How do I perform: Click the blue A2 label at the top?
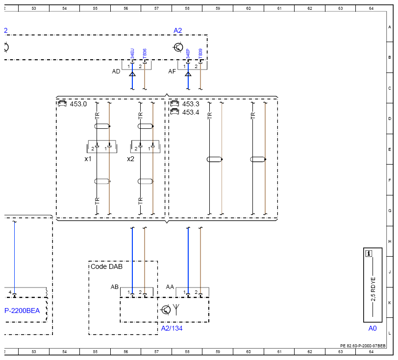[177, 31]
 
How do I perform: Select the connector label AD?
[116, 72]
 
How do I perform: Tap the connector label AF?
[172, 72]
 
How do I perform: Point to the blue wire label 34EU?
[132, 53]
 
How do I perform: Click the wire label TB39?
[200, 53]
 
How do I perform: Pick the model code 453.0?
[78, 104]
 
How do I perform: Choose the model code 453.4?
[191, 112]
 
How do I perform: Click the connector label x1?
[88, 159]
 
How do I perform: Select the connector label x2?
[130, 159]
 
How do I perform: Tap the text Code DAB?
[107, 266]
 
